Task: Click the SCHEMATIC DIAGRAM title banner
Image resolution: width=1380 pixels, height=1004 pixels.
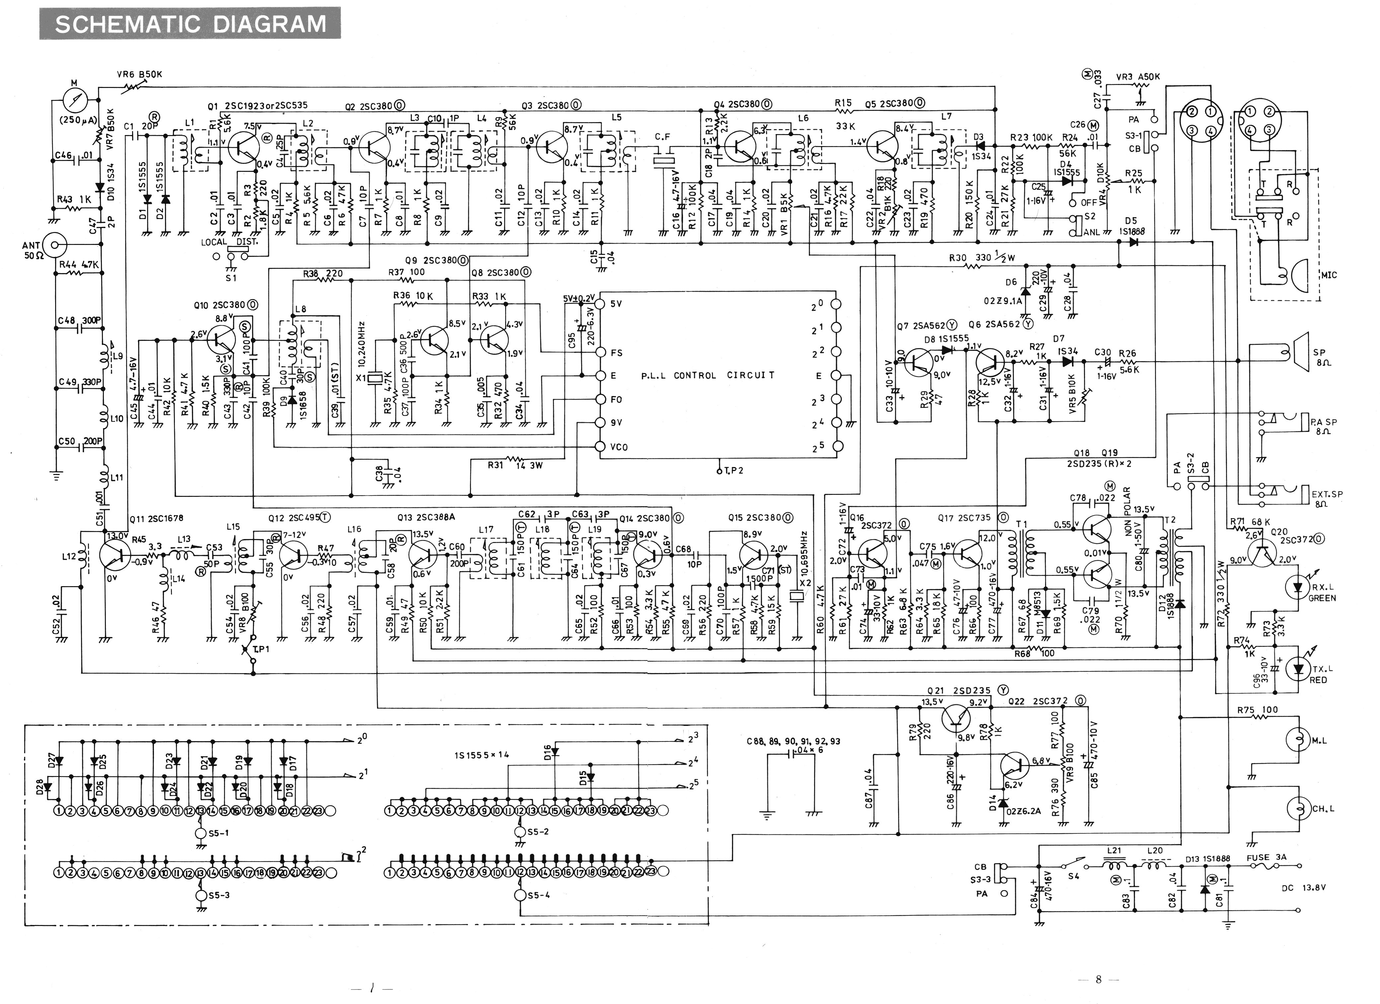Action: point(190,24)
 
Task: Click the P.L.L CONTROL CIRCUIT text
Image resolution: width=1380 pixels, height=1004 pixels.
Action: point(708,375)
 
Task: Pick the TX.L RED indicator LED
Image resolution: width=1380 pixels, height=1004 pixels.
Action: point(1298,669)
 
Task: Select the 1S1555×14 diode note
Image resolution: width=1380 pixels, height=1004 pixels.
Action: point(481,755)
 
